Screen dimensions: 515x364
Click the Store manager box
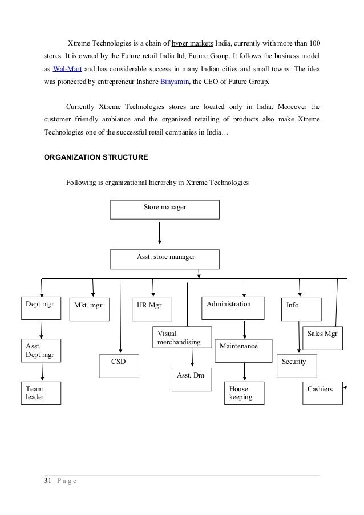tap(164, 209)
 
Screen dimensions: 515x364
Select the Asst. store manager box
tap(164, 259)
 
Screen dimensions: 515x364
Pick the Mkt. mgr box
tap(91, 308)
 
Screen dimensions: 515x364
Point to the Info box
tap(301, 309)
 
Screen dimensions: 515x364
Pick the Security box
tap(296, 364)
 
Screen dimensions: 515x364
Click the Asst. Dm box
tap(192, 379)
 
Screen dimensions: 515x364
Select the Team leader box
tap(41, 392)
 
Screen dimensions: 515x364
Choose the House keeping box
tap(244, 393)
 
